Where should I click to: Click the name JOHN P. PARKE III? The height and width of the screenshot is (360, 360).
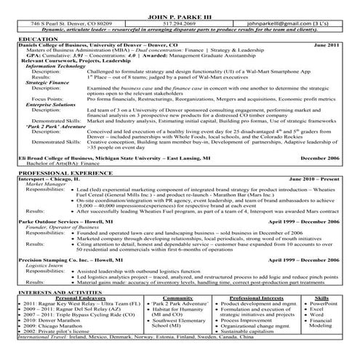(180, 16)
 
